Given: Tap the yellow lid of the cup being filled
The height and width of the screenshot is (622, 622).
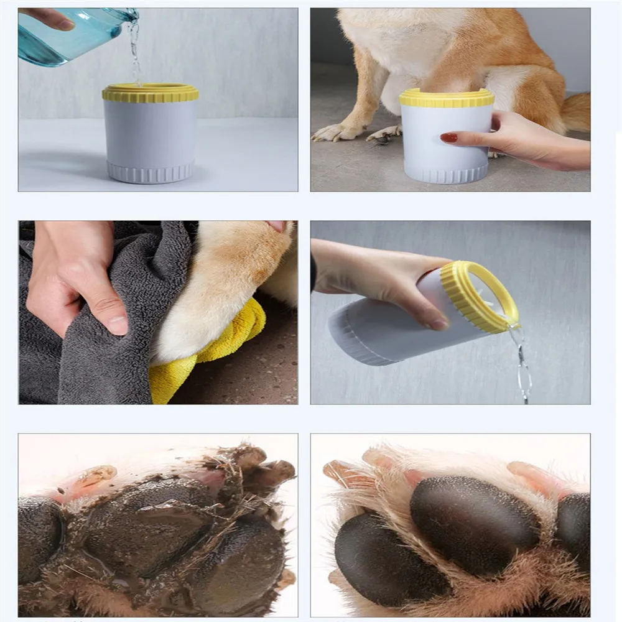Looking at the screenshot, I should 151,93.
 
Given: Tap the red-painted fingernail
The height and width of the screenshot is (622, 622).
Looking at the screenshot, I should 448,137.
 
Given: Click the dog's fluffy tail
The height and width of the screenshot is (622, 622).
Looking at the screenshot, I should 576,112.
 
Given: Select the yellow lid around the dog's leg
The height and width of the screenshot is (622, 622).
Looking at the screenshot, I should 447,98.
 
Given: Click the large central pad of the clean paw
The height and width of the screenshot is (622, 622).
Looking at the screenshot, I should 473,516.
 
